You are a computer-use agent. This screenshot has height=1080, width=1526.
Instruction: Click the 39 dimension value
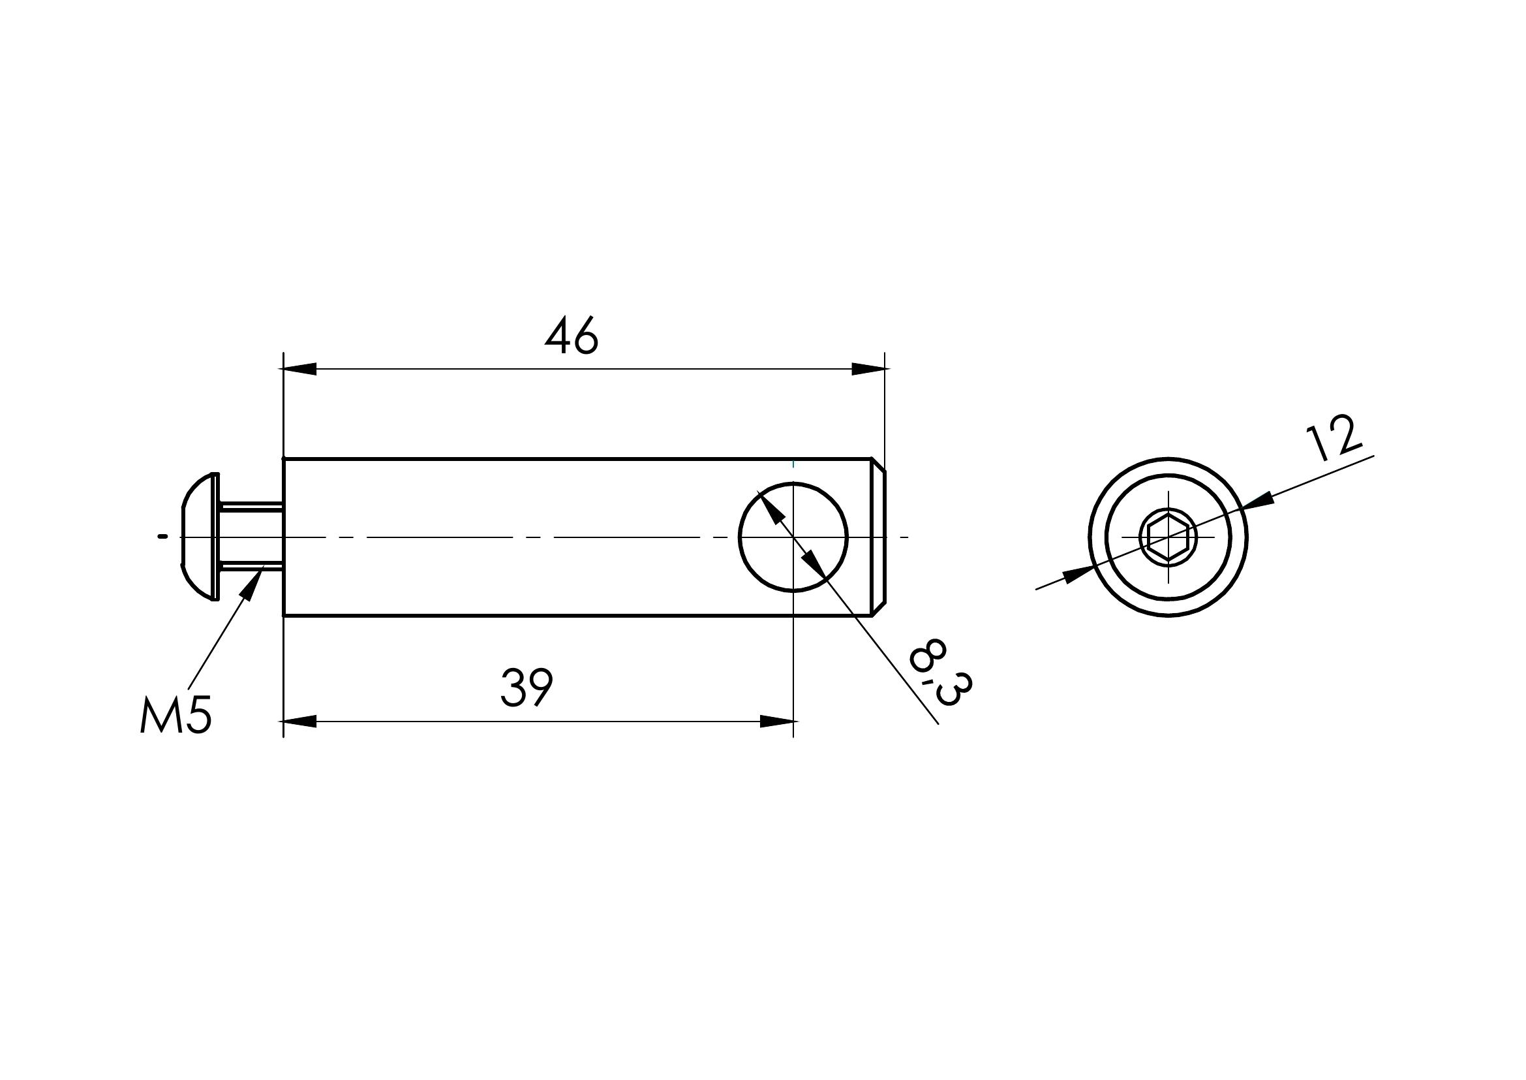coord(526,688)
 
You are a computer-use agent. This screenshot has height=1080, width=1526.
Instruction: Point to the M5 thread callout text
coord(176,716)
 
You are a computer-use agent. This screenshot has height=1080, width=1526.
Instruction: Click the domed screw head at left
coord(200,537)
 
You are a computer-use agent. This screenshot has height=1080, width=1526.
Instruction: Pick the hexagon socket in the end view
coord(1168,537)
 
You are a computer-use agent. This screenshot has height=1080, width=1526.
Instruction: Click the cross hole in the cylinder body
coord(793,537)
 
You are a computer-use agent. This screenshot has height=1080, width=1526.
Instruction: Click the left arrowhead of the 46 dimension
coord(299,369)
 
